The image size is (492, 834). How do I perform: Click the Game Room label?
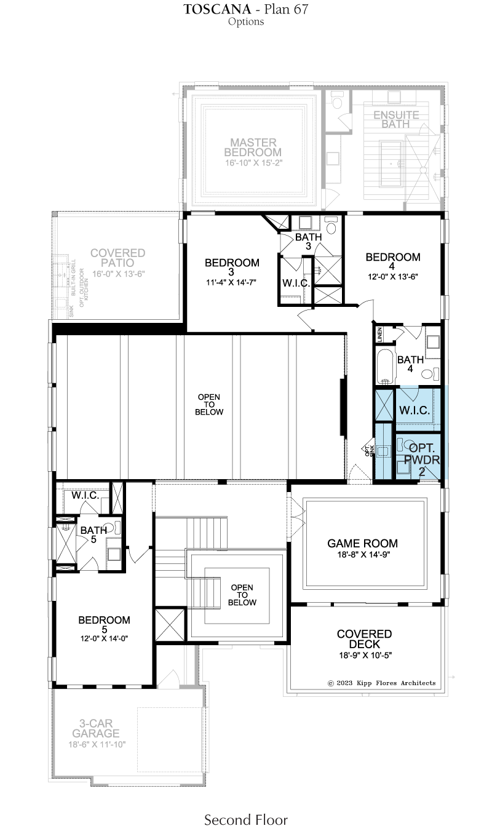[x=362, y=543]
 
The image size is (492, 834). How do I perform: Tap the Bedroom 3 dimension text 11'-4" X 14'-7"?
[x=231, y=282]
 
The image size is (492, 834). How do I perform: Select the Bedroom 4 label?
[x=392, y=261]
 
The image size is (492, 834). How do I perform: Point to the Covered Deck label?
[x=364, y=639]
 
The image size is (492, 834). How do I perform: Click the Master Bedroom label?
[x=253, y=148]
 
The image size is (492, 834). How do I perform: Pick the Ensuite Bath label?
[x=396, y=119]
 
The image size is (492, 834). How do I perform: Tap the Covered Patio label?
[x=117, y=258]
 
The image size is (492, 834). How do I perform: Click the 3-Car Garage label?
[x=96, y=728]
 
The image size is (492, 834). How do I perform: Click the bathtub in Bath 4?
[x=385, y=367]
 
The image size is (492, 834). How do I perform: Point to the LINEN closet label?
[x=379, y=335]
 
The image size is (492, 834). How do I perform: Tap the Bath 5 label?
[x=93, y=534]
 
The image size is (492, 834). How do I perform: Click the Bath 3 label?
[x=308, y=241]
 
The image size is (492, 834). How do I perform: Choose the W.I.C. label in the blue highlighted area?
[x=415, y=410]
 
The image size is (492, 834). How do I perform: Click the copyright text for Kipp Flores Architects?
[x=381, y=683]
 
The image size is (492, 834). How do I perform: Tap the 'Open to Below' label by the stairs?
[x=242, y=595]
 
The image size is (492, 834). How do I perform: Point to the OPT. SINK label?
[x=369, y=450]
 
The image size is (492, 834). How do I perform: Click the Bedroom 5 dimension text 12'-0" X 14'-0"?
[x=104, y=638]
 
